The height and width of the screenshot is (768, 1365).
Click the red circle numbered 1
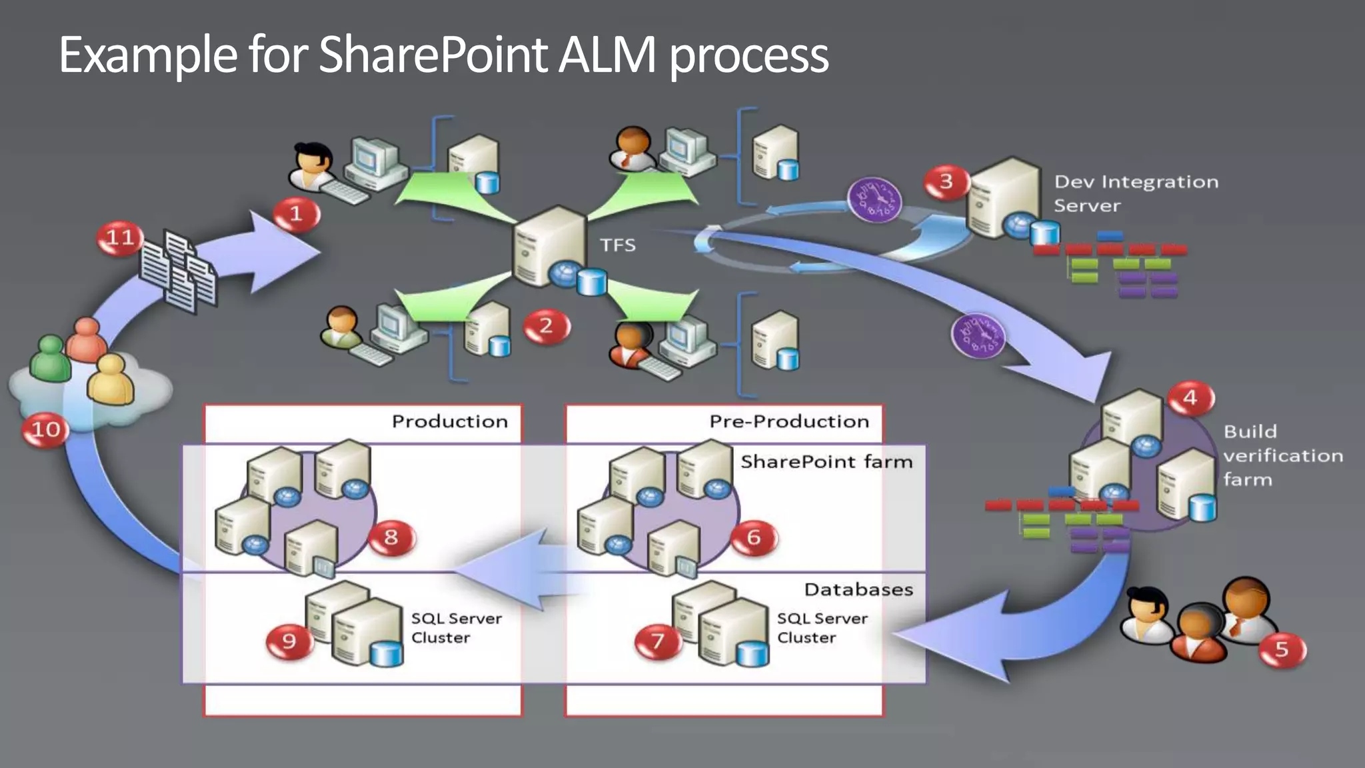tap(297, 214)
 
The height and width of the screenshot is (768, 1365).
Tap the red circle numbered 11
tap(120, 238)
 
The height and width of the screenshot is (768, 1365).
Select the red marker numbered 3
tap(946, 182)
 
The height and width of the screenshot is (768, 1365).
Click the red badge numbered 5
tap(1282, 649)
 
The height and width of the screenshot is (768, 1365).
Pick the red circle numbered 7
tap(657, 641)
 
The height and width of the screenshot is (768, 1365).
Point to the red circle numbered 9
tap(289, 641)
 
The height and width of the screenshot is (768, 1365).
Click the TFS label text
tap(617, 245)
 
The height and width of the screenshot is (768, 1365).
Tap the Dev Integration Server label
tap(1135, 193)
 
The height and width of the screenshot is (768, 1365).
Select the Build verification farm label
tap(1282, 455)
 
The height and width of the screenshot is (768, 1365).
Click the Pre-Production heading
tap(788, 421)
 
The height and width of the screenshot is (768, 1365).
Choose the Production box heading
tap(449, 421)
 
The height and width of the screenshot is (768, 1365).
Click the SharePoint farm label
tap(826, 461)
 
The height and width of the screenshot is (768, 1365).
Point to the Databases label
tap(858, 589)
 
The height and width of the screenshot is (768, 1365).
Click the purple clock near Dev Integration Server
tap(874, 200)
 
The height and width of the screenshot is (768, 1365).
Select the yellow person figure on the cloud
tap(111, 380)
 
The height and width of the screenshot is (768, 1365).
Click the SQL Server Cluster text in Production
tap(455, 628)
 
